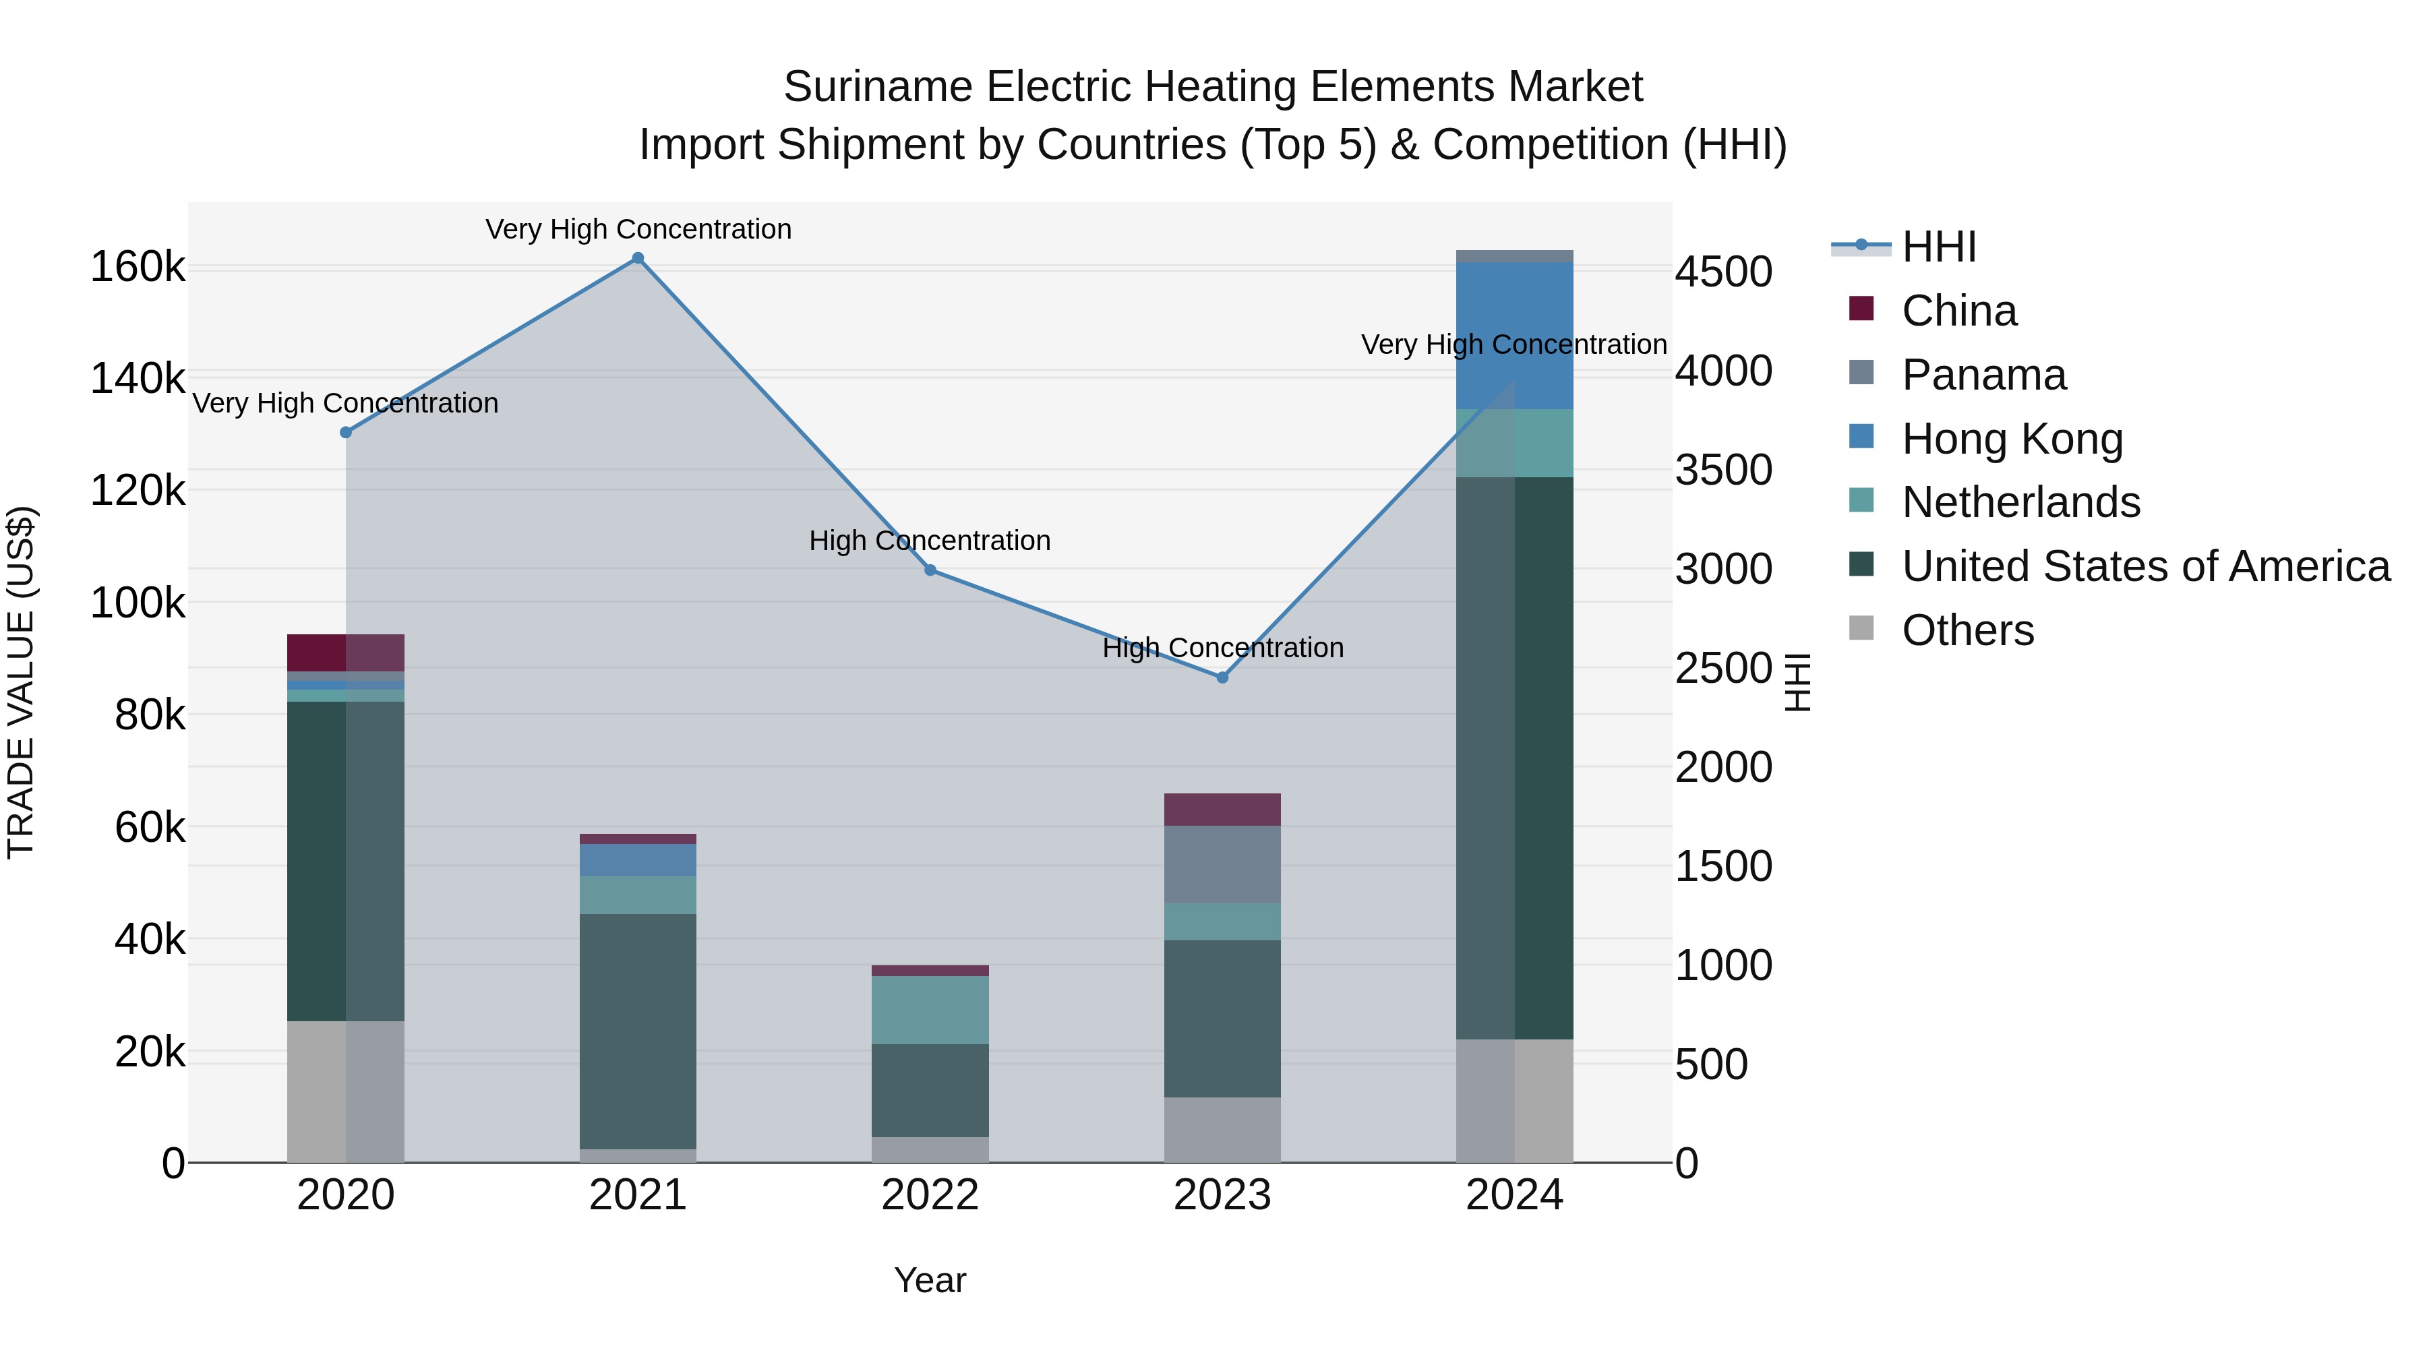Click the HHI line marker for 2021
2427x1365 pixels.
click(638, 258)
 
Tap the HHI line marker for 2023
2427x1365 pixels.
click(1222, 677)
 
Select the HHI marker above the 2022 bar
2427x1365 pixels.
click(930, 570)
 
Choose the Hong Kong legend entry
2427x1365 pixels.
click(2012, 439)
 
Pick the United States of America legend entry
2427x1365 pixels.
click(2145, 566)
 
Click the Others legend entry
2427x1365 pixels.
click(1967, 630)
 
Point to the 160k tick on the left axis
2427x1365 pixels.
click(138, 268)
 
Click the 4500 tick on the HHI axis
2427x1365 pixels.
click(1723, 272)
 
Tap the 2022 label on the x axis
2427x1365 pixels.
click(930, 1195)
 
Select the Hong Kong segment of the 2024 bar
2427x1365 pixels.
click(1514, 336)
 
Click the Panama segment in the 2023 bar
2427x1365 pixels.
click(1222, 864)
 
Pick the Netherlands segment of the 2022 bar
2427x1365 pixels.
click(930, 1009)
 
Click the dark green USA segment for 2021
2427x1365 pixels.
click(638, 1031)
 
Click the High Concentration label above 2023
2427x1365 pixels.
click(1222, 648)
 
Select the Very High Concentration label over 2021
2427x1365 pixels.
click(638, 229)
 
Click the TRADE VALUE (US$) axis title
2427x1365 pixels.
click(21, 682)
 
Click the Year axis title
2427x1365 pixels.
click(930, 1280)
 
